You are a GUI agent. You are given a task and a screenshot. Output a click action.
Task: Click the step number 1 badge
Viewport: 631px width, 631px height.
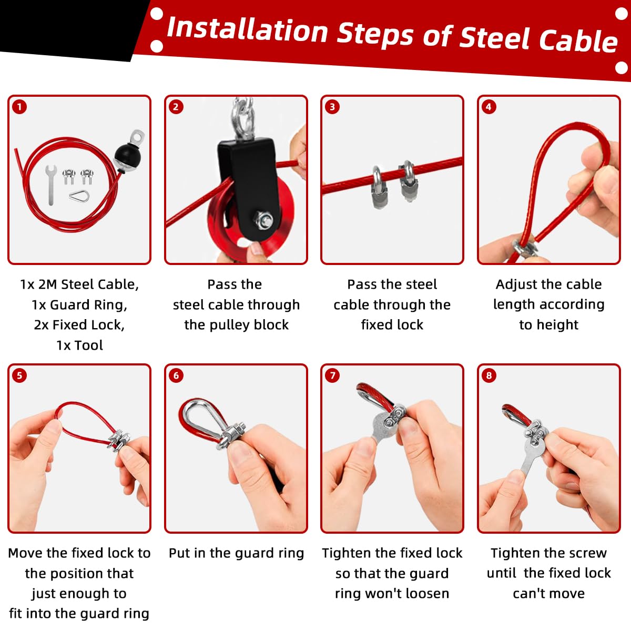click(19, 107)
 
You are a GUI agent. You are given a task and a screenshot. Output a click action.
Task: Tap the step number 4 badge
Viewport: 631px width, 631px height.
click(488, 107)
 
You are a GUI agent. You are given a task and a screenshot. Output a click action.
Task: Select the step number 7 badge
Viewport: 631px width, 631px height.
click(332, 375)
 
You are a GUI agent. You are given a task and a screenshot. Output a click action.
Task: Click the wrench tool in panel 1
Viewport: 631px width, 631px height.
click(51, 185)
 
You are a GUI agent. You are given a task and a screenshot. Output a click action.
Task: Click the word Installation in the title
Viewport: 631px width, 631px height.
click(247, 30)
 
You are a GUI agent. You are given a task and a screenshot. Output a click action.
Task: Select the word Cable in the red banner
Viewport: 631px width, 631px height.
click(578, 41)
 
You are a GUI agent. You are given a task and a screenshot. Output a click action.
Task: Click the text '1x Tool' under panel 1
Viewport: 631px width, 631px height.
click(79, 345)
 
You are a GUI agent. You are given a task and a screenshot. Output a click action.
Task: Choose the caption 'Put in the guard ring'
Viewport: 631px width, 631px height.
click(236, 553)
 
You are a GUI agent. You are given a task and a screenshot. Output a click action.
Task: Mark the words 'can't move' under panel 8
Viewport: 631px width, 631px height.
click(548, 594)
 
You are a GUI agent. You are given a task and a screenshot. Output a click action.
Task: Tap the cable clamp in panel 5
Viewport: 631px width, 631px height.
click(118, 441)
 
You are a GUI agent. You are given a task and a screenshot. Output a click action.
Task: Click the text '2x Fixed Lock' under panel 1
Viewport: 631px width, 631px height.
click(79, 325)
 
